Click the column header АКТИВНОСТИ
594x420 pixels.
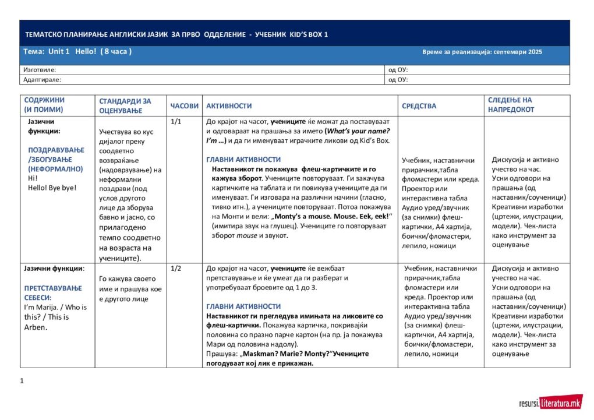229,106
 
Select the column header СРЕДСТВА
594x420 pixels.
419,106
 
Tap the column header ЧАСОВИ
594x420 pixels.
184,106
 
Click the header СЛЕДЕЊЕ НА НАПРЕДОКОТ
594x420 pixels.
511,105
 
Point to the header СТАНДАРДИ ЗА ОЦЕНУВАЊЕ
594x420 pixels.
125,105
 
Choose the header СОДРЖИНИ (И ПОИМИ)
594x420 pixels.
44,105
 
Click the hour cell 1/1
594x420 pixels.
176,122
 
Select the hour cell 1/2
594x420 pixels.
176,269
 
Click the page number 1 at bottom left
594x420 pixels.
22,381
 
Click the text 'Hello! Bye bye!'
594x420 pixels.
52,188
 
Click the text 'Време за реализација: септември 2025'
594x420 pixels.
482,52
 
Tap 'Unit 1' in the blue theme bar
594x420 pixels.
59,52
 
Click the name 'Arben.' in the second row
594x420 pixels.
36,327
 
